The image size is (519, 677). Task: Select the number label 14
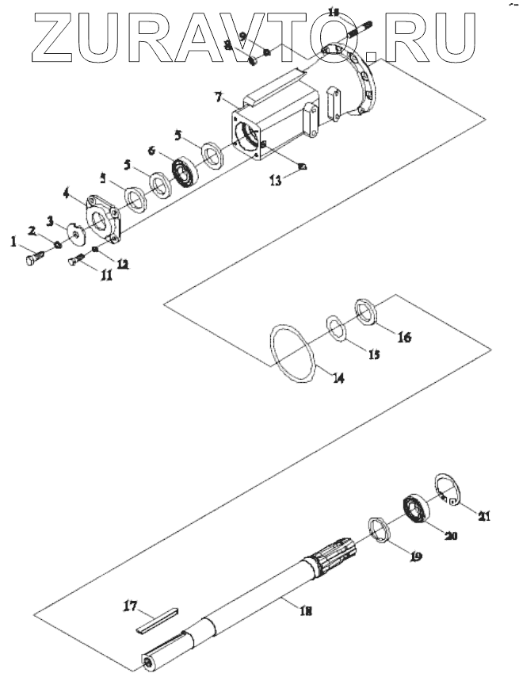338,378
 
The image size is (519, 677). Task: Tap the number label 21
483,516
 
